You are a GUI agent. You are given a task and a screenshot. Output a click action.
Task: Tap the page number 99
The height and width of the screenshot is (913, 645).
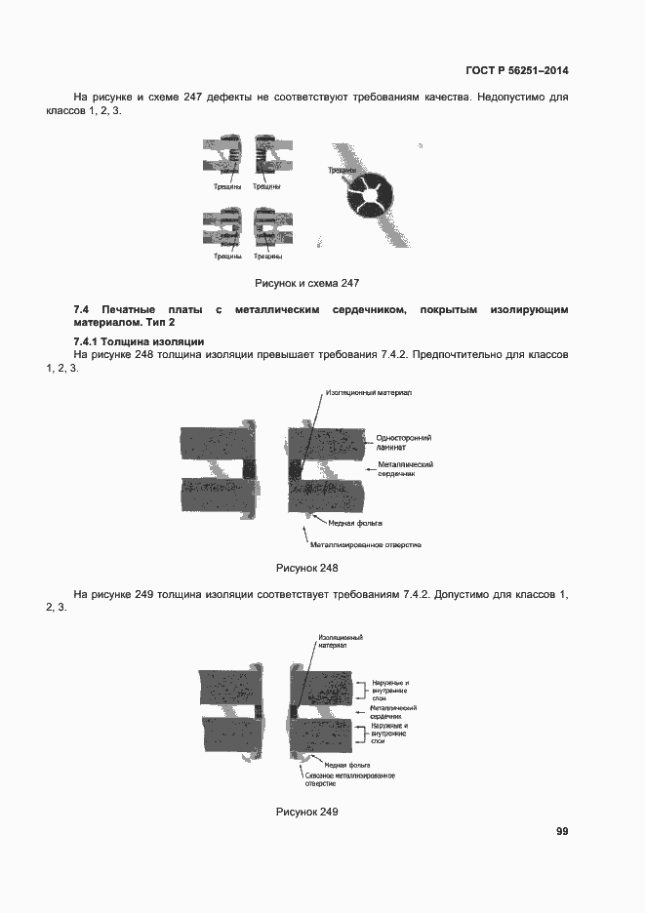pos(562,831)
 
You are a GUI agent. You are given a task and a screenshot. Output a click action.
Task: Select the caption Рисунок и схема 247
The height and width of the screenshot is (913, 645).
pos(307,283)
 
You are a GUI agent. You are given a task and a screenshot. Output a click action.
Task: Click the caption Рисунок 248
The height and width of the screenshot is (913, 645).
pos(307,568)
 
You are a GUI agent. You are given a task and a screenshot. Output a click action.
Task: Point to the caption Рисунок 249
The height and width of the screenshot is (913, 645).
pos(307,812)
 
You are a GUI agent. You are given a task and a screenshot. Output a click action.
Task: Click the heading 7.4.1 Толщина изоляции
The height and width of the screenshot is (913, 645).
pos(139,340)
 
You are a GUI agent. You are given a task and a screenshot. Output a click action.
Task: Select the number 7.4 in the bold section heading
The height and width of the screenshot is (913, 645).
pos(82,309)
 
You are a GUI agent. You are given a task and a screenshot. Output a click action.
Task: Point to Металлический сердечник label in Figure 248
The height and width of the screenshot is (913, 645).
pos(399,469)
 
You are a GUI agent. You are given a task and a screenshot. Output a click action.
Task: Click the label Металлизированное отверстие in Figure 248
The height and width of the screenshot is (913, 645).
pos(370,544)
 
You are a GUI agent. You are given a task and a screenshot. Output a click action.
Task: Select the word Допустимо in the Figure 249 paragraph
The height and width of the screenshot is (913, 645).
pos(467,593)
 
